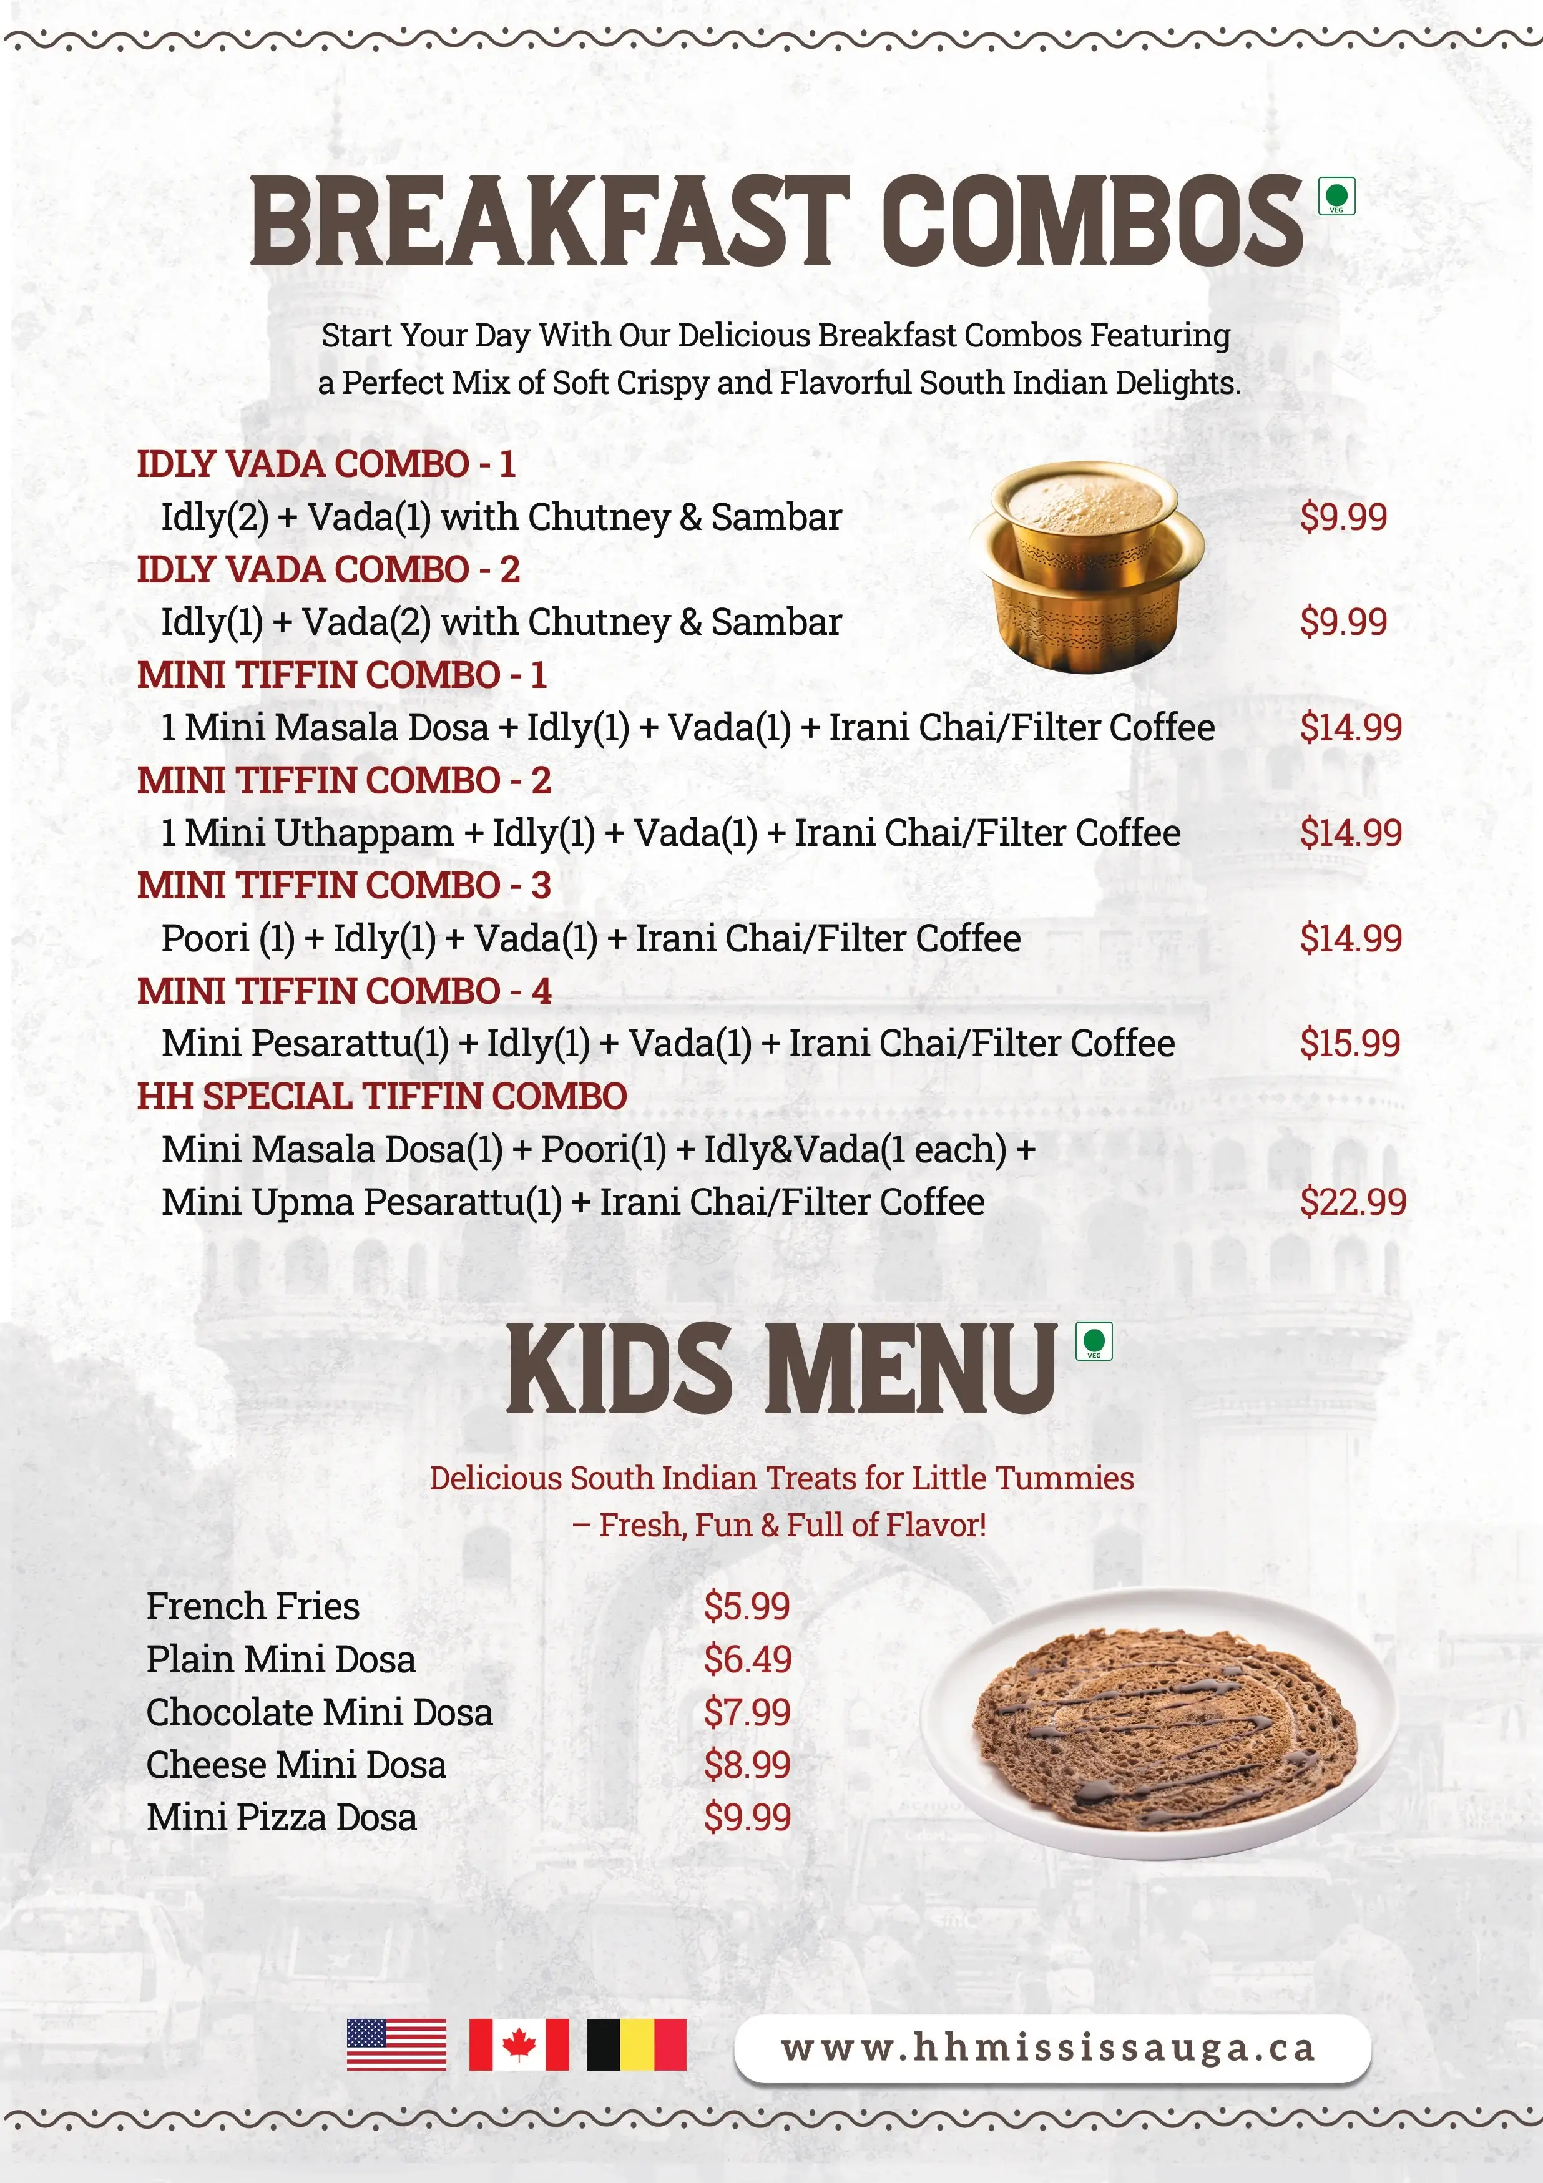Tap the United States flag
pyautogui.click(x=396, y=2044)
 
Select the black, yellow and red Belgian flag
pyautogui.click(x=636, y=2044)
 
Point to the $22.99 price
pyautogui.click(x=1352, y=1202)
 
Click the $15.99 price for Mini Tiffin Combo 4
pyautogui.click(x=1349, y=1043)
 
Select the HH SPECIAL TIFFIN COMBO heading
pyautogui.click(x=381, y=1096)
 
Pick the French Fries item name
pyautogui.click(x=253, y=1606)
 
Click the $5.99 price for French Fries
pyautogui.click(x=747, y=1606)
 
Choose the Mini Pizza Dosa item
pyautogui.click(x=282, y=1817)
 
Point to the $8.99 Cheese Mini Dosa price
pyautogui.click(x=747, y=1765)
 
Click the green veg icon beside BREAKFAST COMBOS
pyautogui.click(x=1336, y=197)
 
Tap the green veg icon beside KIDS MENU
pyautogui.click(x=1094, y=1341)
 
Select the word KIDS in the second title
pyautogui.click(x=620, y=1368)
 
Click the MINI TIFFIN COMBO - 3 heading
pyautogui.click(x=343, y=885)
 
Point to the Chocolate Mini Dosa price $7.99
pyautogui.click(x=747, y=1712)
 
